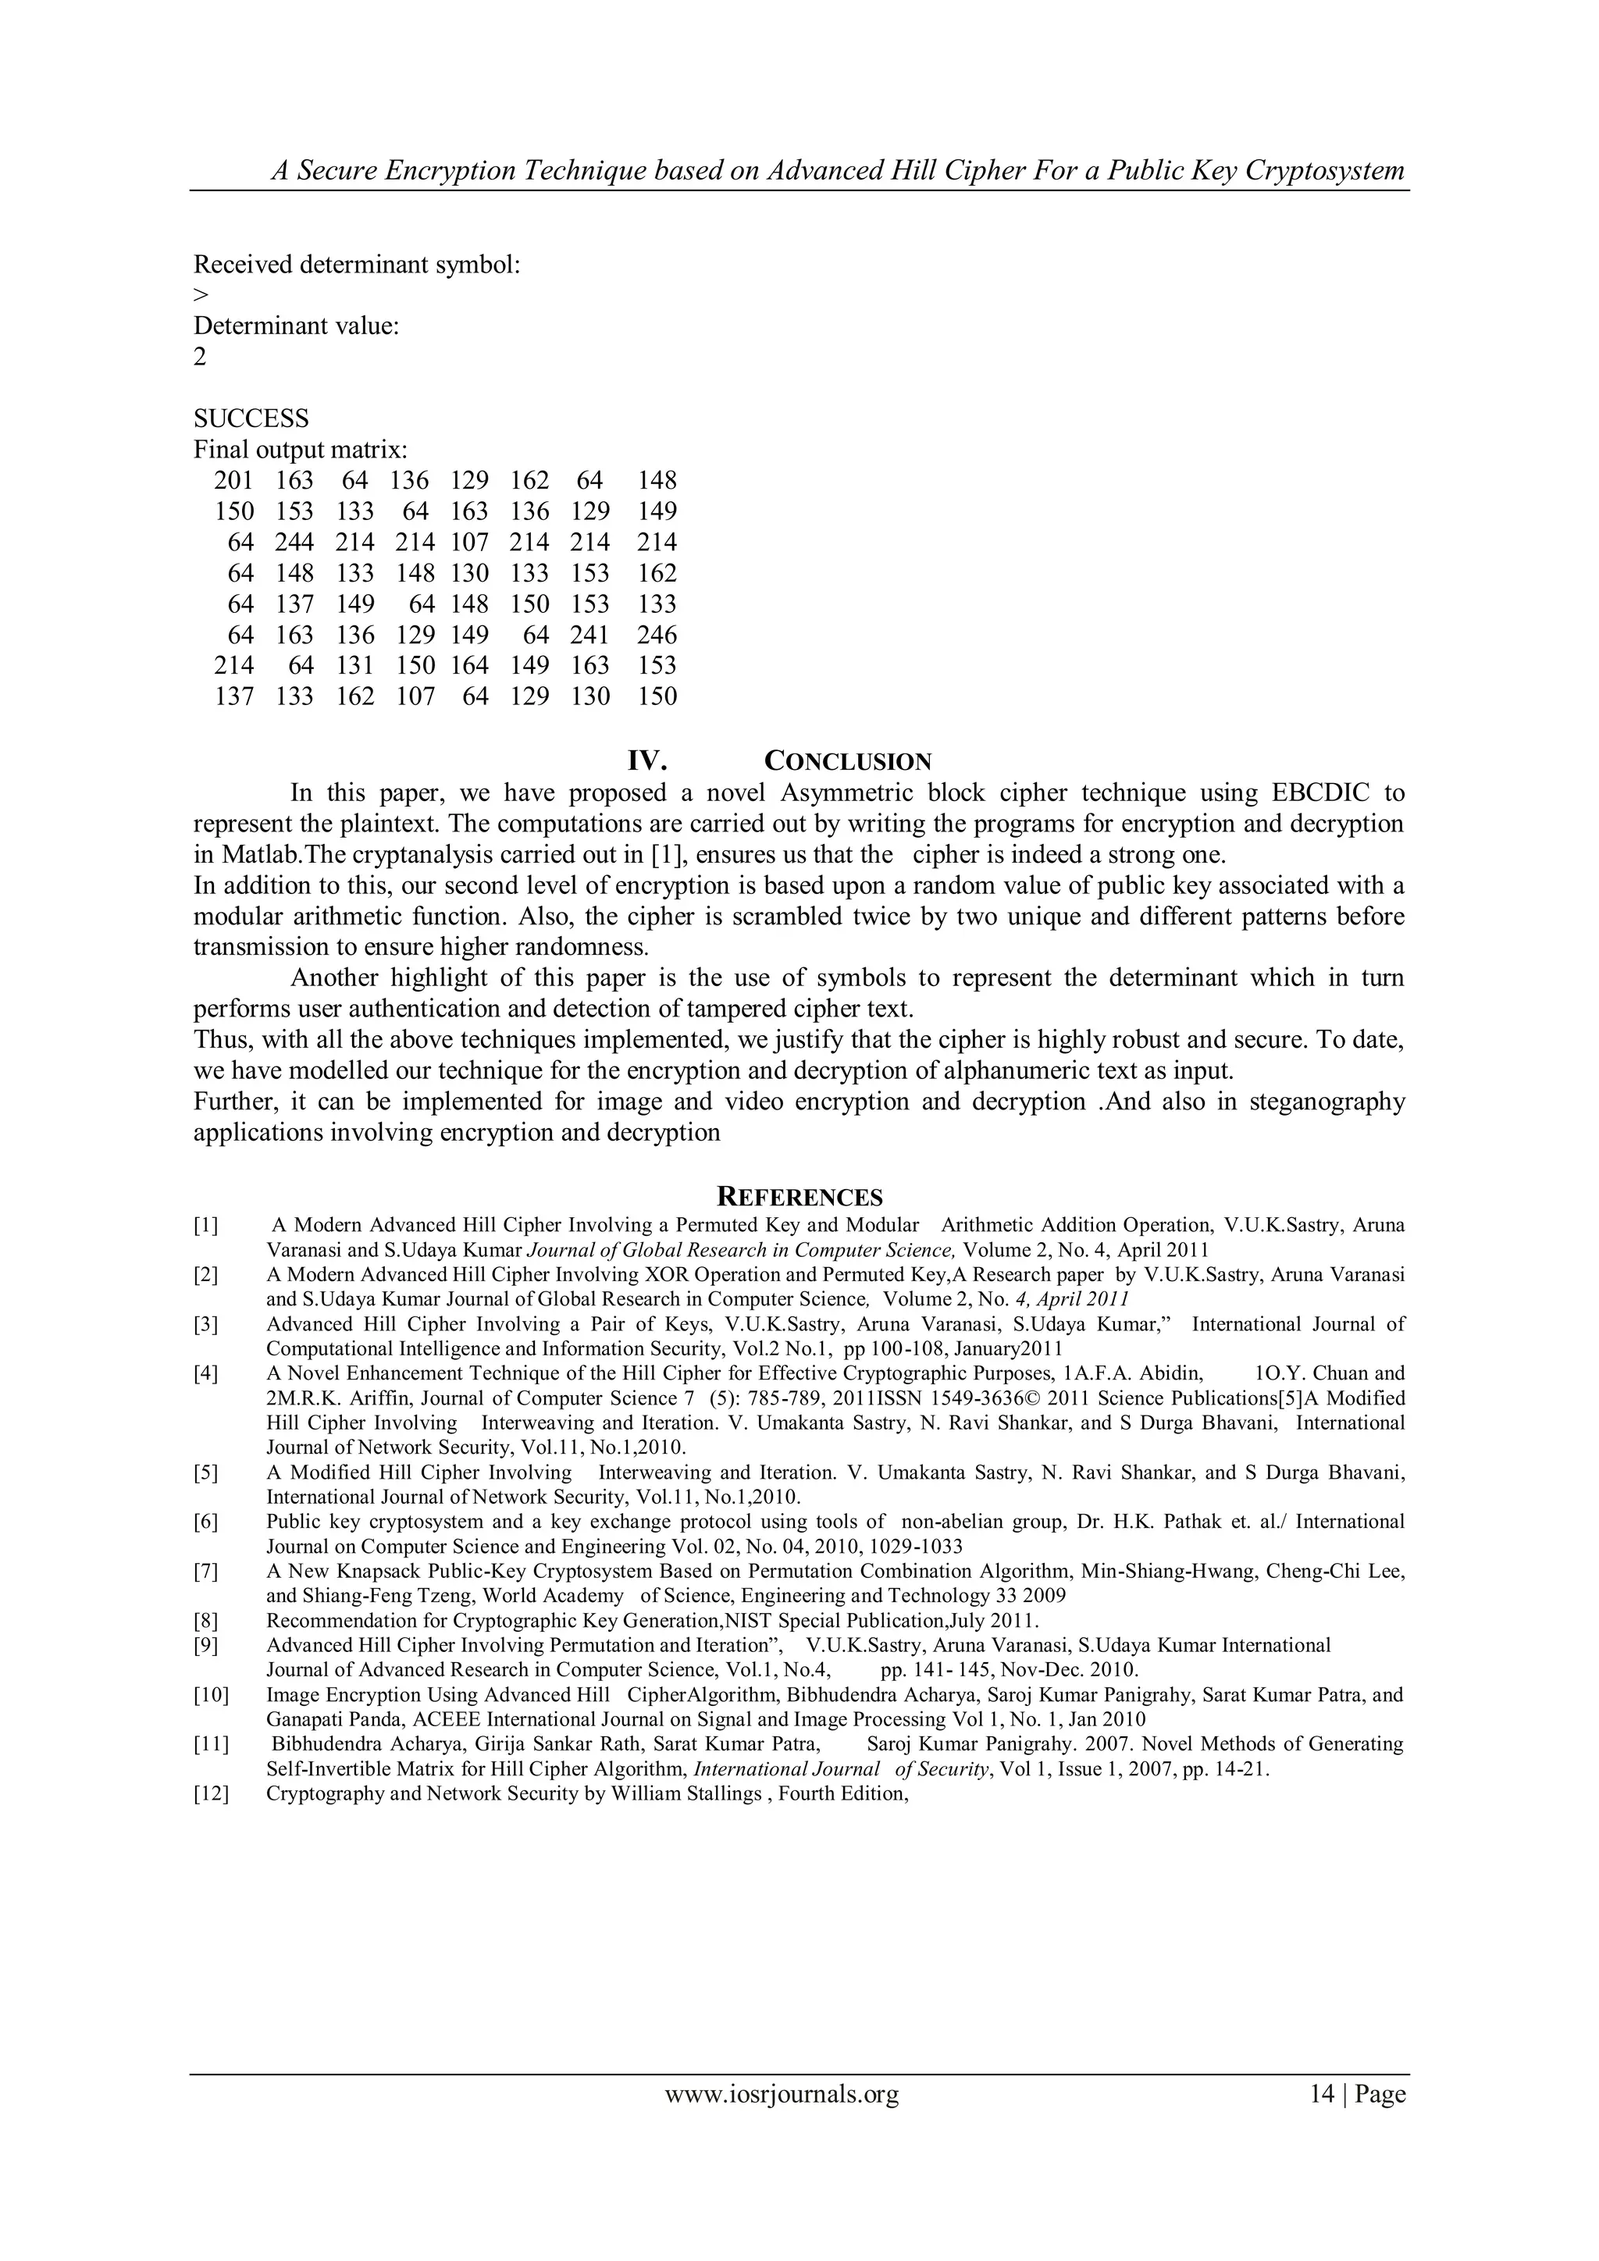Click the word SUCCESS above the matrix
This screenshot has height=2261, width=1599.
pyautogui.click(x=251, y=418)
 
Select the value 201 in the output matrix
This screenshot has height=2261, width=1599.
pyautogui.click(x=233, y=481)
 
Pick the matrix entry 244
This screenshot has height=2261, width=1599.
pyautogui.click(x=294, y=543)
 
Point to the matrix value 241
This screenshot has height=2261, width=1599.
pyautogui.click(x=589, y=636)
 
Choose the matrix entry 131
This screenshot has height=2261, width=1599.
pyautogui.click(x=354, y=666)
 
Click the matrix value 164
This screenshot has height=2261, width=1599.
pyautogui.click(x=470, y=666)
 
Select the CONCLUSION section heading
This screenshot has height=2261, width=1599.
pyautogui.click(x=848, y=761)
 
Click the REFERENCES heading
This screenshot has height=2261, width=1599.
pyautogui.click(x=799, y=1198)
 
